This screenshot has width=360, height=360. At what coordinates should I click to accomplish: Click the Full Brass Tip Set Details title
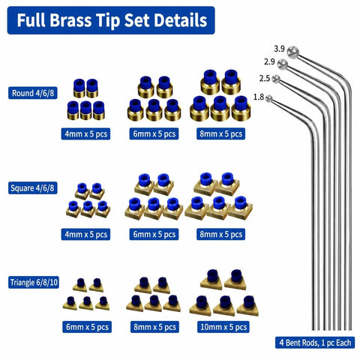(112, 20)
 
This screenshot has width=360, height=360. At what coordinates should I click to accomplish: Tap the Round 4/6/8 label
(33, 93)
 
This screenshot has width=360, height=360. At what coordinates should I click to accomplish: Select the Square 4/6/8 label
(32, 188)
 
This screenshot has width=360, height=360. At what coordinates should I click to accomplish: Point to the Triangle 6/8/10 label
(34, 283)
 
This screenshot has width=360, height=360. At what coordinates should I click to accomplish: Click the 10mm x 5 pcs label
(223, 327)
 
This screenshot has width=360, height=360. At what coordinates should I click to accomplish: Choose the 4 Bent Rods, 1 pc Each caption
(315, 343)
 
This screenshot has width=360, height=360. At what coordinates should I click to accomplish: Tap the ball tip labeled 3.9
(292, 52)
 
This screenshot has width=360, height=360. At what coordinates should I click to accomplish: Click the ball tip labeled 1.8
(268, 98)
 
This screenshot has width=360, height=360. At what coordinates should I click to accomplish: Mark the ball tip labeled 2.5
(276, 79)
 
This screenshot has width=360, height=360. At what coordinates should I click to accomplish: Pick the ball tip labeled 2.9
(283, 64)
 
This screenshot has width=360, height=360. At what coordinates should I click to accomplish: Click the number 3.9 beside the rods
(279, 49)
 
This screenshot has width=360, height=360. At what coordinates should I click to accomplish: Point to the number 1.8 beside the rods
(259, 97)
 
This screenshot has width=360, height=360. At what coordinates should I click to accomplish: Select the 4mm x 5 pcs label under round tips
(85, 134)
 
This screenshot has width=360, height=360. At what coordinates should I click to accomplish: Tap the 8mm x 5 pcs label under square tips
(221, 235)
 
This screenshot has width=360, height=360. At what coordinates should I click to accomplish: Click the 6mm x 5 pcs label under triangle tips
(87, 327)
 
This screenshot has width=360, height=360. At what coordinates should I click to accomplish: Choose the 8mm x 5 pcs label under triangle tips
(154, 327)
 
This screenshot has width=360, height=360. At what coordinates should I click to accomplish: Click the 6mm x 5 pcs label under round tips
(154, 134)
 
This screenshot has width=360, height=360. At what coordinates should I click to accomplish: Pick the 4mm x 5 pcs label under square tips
(85, 235)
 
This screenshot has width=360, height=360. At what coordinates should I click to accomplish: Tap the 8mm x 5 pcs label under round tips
(221, 134)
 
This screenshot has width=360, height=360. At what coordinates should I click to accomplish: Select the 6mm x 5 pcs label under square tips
(154, 235)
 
